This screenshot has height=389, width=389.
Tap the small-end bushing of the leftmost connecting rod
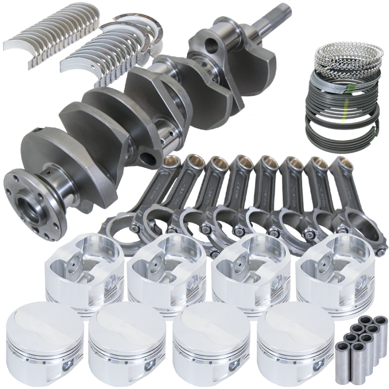pyautogui.click(x=171, y=163)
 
